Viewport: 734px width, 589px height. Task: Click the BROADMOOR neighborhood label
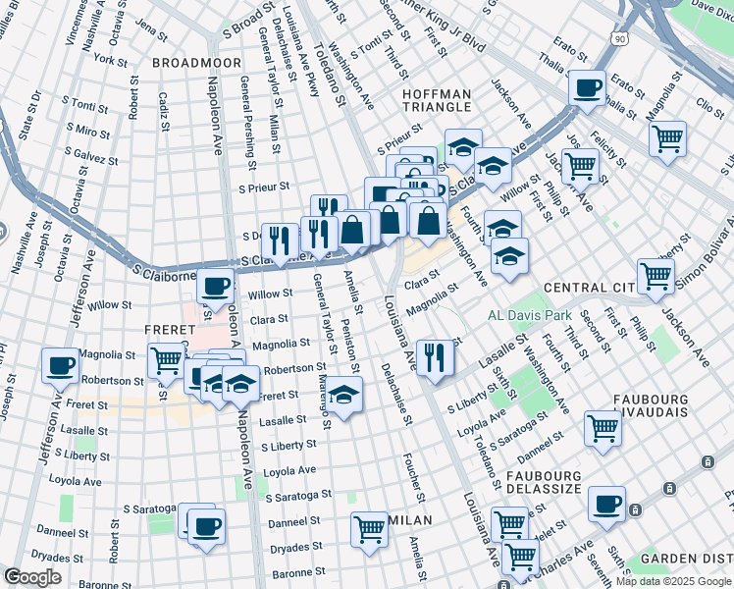click(x=196, y=62)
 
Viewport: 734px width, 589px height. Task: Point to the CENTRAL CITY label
click(x=587, y=287)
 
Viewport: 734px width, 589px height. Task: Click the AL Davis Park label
click(x=530, y=316)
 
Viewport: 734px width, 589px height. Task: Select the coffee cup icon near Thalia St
click(x=588, y=87)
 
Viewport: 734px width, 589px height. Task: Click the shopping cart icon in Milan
click(x=369, y=529)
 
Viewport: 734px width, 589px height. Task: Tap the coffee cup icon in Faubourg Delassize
click(x=606, y=505)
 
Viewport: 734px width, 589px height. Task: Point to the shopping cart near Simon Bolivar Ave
click(x=655, y=275)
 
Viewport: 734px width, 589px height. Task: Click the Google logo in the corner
click(x=33, y=577)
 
